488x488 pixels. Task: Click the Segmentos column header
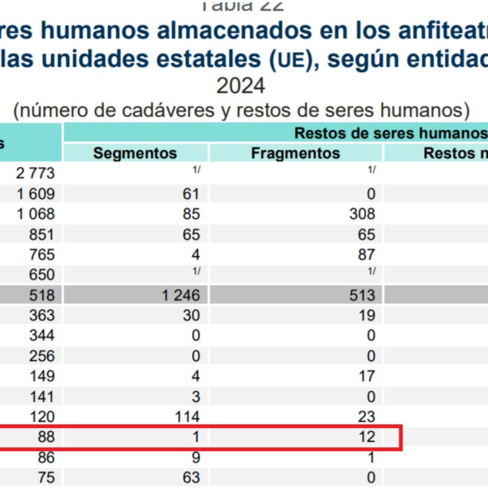coord(135,153)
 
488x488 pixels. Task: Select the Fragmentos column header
coord(295,153)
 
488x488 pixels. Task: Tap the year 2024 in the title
coord(241,86)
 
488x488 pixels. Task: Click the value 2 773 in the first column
coord(35,173)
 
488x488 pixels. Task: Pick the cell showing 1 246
coord(181,295)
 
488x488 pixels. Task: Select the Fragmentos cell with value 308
coord(362,214)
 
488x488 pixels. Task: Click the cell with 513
coord(362,295)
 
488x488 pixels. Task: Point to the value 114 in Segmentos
coord(187,417)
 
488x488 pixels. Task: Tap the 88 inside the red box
coord(46,437)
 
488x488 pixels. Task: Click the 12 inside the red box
coord(367,437)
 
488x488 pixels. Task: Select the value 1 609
coord(36,194)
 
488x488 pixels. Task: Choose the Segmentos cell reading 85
coord(191,214)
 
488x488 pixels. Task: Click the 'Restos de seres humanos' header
coord(390,133)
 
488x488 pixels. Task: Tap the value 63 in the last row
coord(191,477)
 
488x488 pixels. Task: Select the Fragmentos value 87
coord(366,254)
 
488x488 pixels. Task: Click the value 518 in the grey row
coord(42,295)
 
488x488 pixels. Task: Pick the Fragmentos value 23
coord(366,417)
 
